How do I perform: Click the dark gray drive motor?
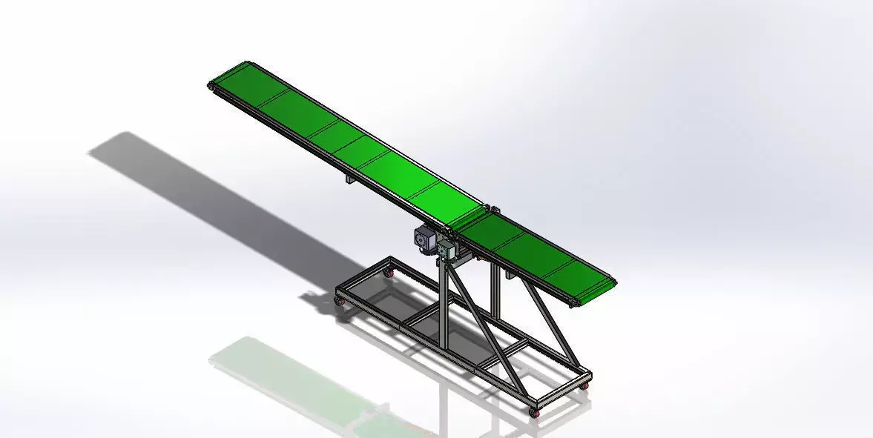(x=425, y=239)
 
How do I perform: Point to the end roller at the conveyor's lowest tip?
(x=593, y=295)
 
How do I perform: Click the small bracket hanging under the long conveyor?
(x=347, y=180)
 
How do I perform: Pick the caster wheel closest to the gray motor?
(x=389, y=273)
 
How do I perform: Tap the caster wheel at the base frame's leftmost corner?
(x=341, y=300)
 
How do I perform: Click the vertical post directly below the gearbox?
(x=443, y=304)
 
